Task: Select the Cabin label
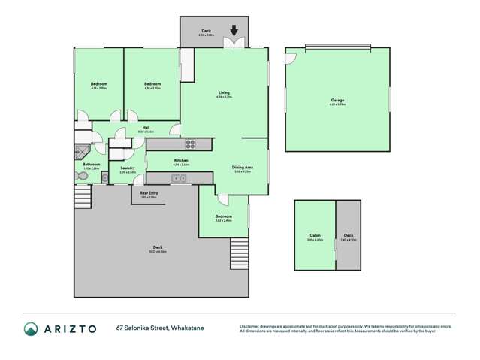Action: (315, 235)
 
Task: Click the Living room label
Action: (223, 92)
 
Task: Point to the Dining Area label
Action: (242, 168)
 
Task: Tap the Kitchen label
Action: (180, 160)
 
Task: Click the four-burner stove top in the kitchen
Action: (190, 144)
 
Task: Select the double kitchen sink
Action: (179, 178)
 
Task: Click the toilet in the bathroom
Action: (82, 175)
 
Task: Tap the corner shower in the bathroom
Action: (82, 150)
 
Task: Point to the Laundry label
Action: (128, 168)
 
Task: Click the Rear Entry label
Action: (149, 193)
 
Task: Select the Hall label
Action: (145, 128)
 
